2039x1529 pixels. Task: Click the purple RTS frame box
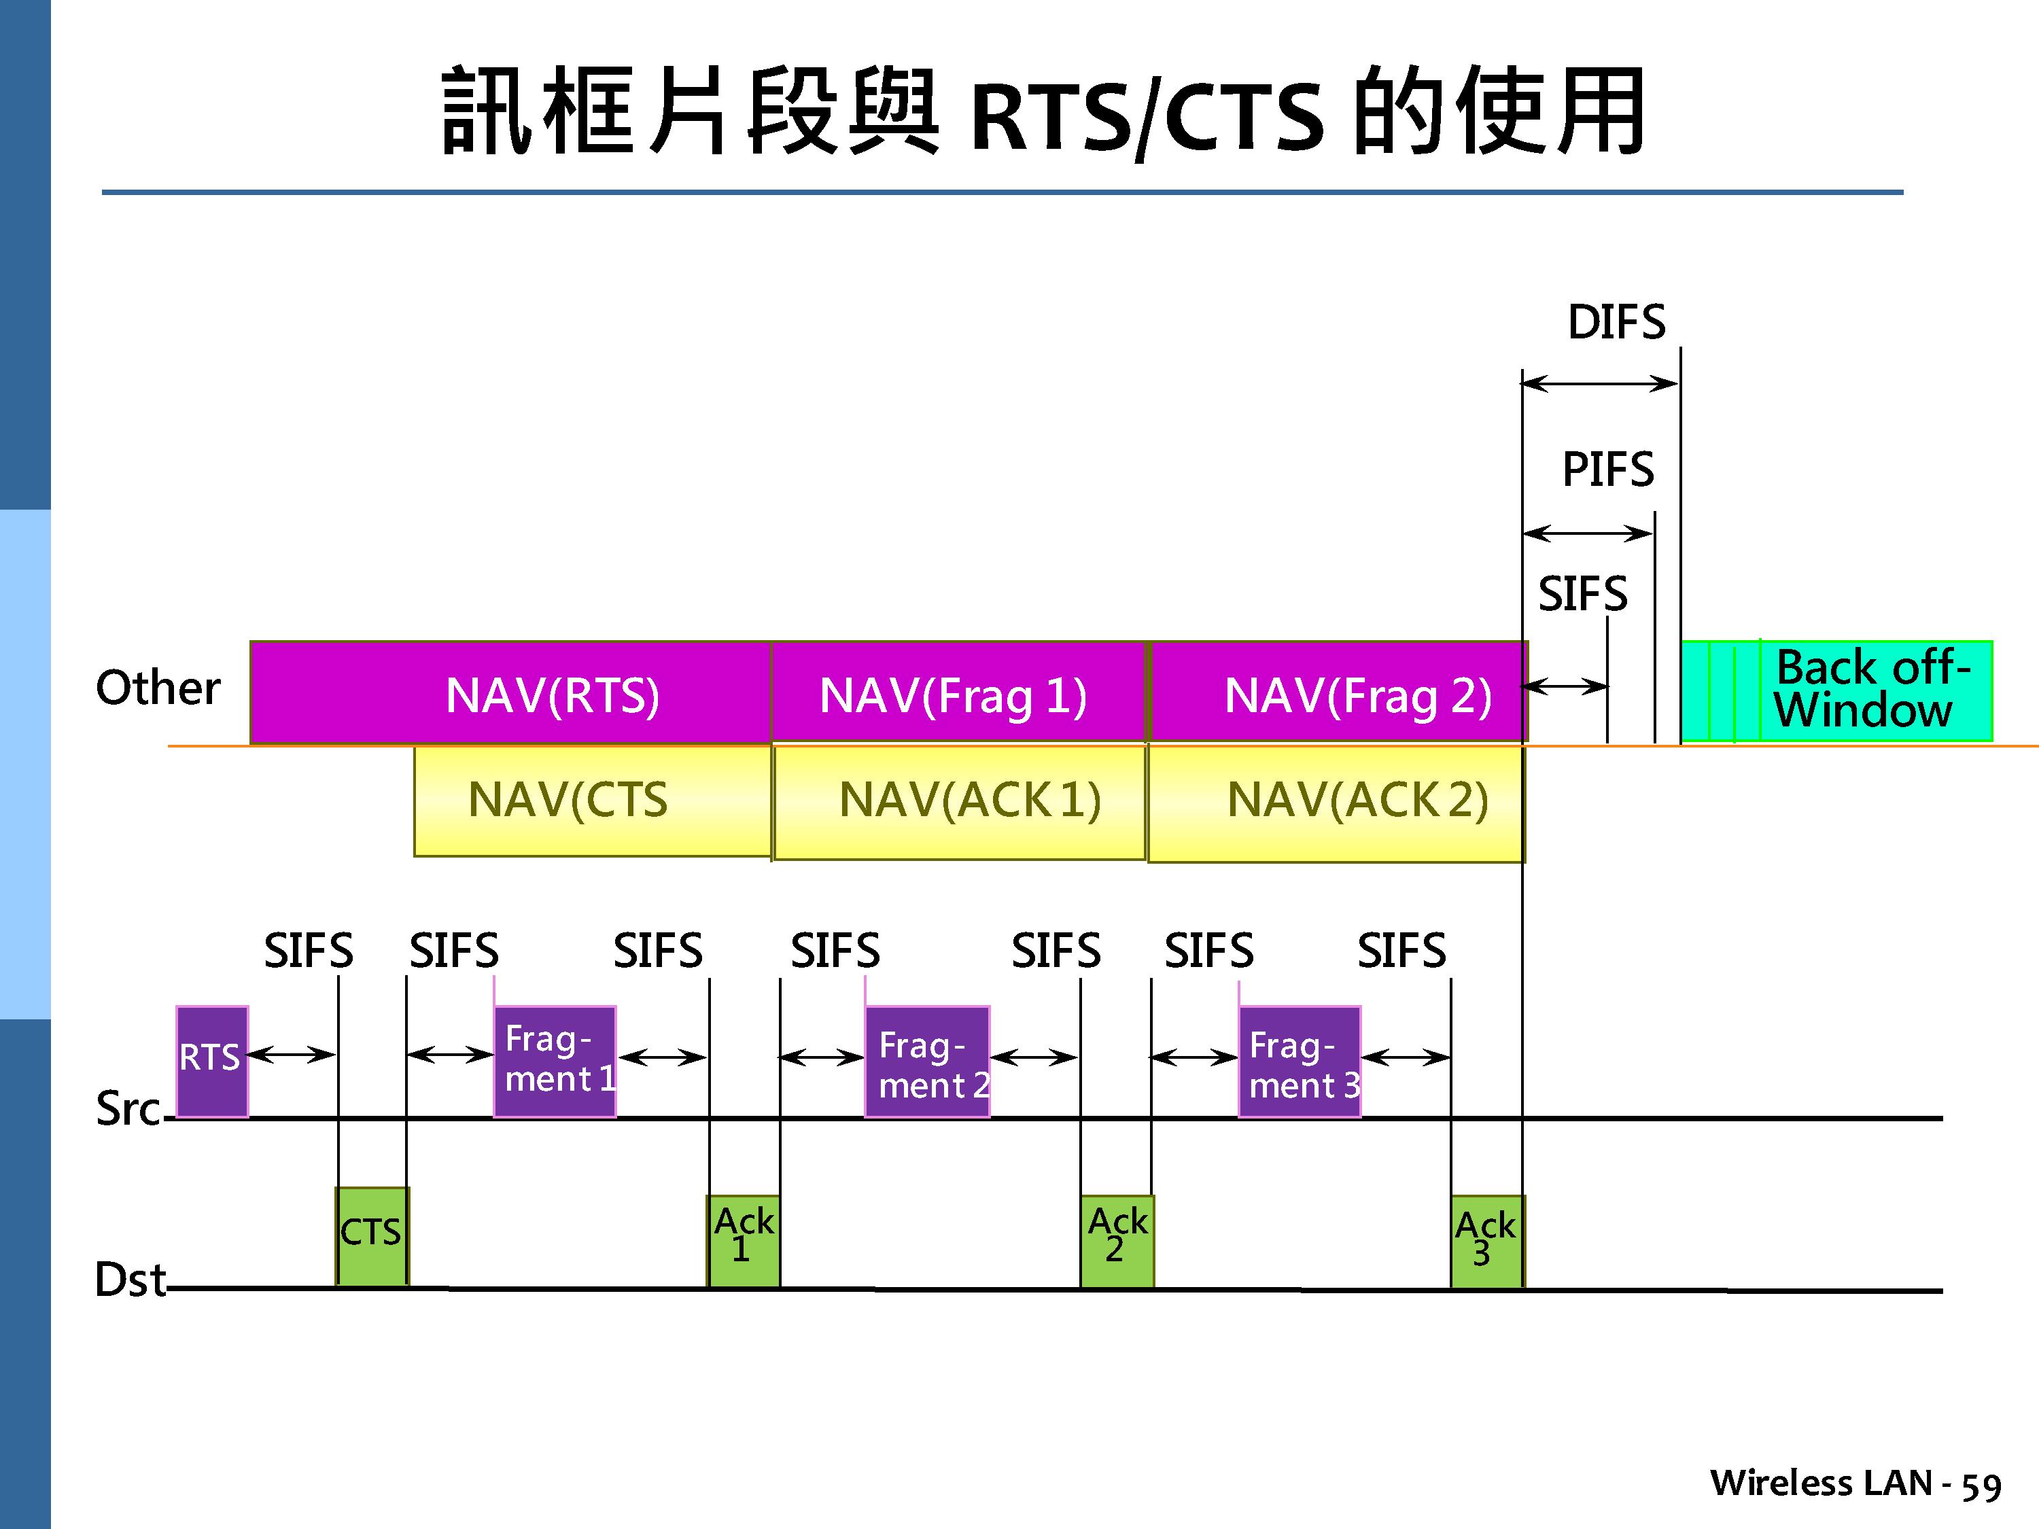(x=212, y=1061)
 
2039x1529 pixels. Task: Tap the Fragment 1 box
(x=555, y=1061)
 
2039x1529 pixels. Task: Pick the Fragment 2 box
(x=926, y=1061)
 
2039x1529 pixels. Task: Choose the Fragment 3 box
(x=1299, y=1061)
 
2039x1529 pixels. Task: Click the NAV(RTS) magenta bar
(x=510, y=692)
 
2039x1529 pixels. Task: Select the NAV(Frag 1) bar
(x=957, y=692)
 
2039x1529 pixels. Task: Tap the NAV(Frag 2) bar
(x=1338, y=692)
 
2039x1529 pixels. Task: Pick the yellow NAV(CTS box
(x=592, y=800)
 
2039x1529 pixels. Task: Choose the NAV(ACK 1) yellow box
(x=958, y=802)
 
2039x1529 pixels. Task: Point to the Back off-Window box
(x=1836, y=690)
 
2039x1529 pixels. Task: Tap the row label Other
(x=158, y=688)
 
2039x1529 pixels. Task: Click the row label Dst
(x=130, y=1279)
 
